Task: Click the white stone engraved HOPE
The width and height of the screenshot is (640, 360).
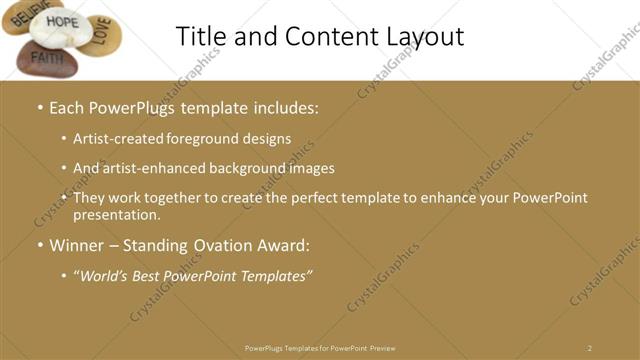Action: pyautogui.click(x=61, y=26)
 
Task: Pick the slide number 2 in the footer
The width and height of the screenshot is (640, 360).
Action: pyautogui.click(x=589, y=348)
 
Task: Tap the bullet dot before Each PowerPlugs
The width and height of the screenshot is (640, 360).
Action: pyautogui.click(x=39, y=108)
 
